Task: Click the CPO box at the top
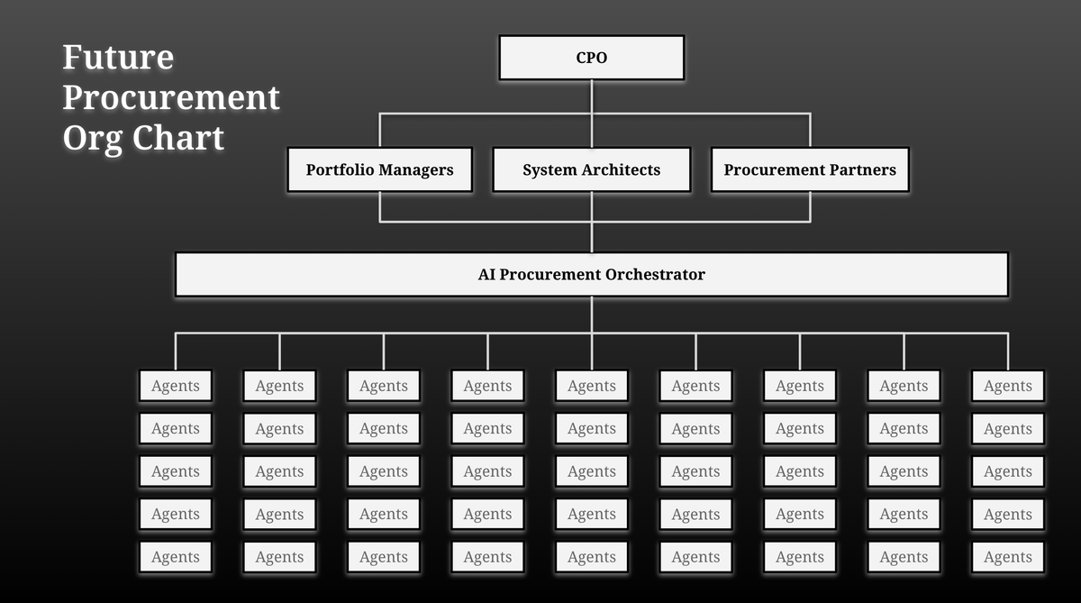592,58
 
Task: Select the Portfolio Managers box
379,169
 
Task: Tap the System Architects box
592,169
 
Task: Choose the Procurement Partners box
810,169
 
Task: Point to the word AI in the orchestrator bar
486,274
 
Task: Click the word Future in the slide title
118,58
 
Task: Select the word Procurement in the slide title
171,97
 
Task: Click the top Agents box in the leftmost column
176,386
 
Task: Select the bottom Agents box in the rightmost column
1008,557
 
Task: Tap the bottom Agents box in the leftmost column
176,557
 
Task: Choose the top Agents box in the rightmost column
1008,386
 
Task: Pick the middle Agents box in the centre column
592,471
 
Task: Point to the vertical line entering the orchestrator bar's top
592,237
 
